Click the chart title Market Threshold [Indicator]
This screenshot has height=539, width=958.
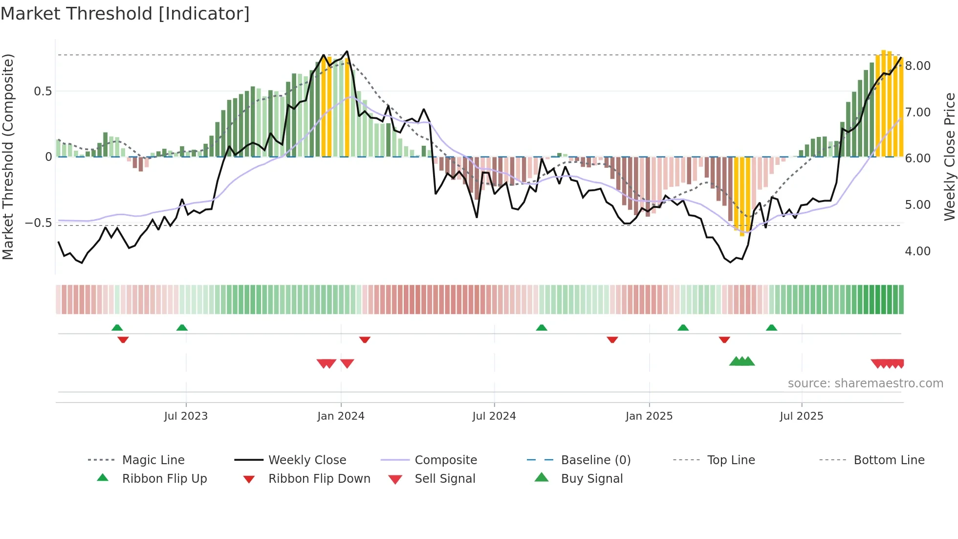click(x=125, y=14)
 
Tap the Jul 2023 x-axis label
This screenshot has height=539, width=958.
click(x=186, y=416)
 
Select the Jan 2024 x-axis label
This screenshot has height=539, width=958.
click(x=341, y=416)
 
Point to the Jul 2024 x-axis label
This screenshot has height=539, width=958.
click(x=494, y=416)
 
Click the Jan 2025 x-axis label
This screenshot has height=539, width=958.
click(x=649, y=416)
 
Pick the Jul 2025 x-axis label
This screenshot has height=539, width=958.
click(x=801, y=416)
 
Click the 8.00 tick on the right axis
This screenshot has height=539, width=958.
click(x=917, y=66)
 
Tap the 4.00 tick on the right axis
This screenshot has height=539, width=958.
click(x=917, y=251)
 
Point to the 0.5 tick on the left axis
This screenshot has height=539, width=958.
click(x=43, y=91)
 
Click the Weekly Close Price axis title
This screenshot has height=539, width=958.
click(x=949, y=157)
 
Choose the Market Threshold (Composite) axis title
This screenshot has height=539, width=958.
click(x=8, y=157)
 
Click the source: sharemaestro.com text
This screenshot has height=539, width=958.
click(x=865, y=383)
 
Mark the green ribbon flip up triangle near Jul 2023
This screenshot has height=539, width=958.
click(x=182, y=327)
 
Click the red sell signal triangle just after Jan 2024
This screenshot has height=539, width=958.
click(x=347, y=363)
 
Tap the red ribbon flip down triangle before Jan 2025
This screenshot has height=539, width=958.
click(x=612, y=339)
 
